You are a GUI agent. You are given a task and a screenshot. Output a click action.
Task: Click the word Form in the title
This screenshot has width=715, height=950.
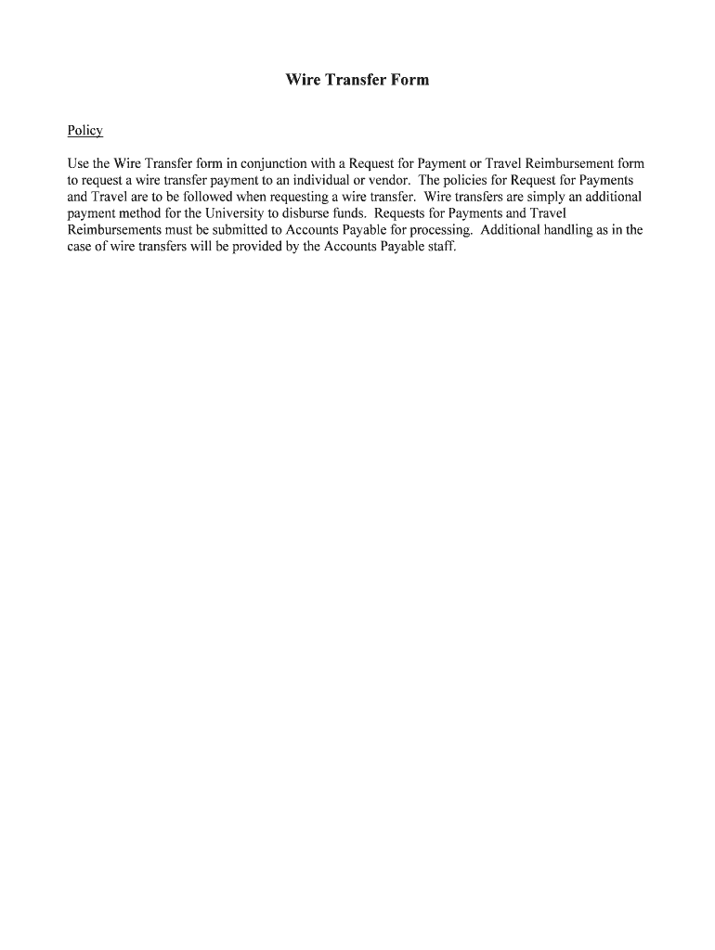(409, 81)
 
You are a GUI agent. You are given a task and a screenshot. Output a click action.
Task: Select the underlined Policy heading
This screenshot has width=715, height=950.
(84, 131)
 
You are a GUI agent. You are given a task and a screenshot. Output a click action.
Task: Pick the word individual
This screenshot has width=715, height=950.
(339, 180)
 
